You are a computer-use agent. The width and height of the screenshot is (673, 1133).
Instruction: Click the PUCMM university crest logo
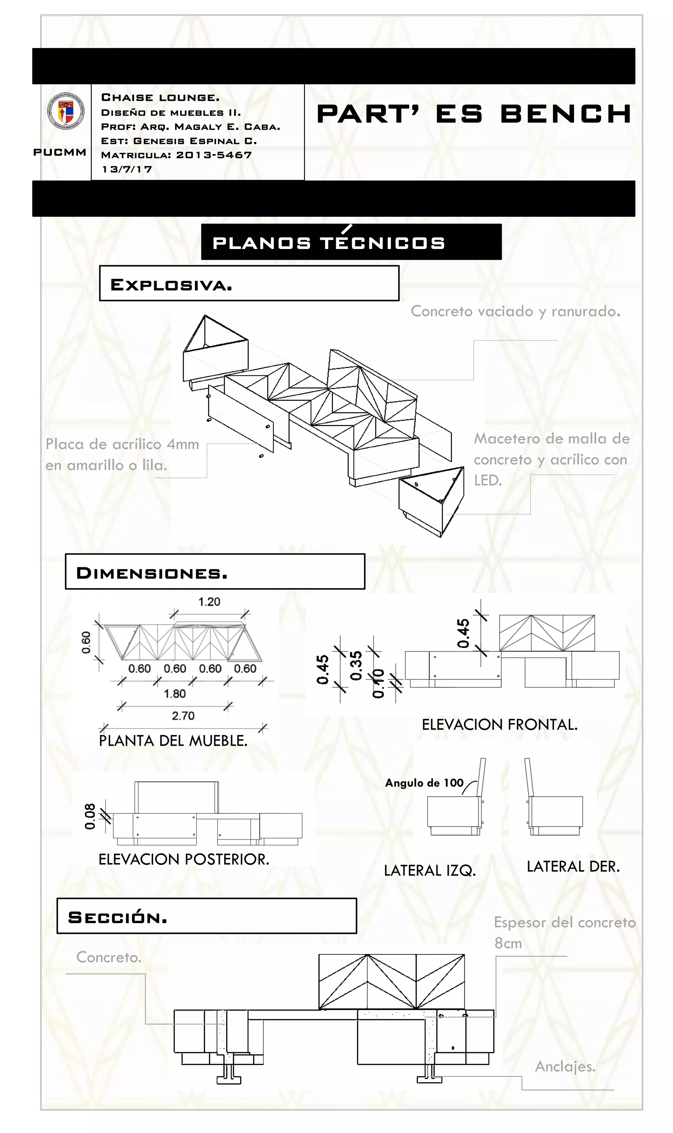pyautogui.click(x=66, y=111)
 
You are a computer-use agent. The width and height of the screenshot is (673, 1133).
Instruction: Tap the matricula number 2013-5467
pyautogui.click(x=214, y=155)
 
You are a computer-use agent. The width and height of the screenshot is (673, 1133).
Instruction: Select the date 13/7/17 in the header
pyautogui.click(x=127, y=170)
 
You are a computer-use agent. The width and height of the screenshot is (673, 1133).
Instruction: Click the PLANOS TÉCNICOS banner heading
pyautogui.click(x=329, y=243)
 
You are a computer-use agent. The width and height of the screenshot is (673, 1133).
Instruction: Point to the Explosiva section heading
pyautogui.click(x=172, y=285)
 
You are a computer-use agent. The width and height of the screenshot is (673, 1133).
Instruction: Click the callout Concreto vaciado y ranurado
pyautogui.click(x=515, y=311)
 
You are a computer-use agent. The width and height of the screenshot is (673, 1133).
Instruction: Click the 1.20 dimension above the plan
pyautogui.click(x=209, y=602)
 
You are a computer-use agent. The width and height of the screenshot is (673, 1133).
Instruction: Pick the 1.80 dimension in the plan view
pyautogui.click(x=174, y=693)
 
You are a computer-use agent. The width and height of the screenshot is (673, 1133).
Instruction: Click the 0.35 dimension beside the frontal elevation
pyautogui.click(x=357, y=665)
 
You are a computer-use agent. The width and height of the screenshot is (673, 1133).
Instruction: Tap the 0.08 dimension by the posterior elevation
pyautogui.click(x=90, y=816)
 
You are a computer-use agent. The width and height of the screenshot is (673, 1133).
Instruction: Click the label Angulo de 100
pyautogui.click(x=424, y=783)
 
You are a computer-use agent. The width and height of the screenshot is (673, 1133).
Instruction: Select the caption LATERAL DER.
pyautogui.click(x=573, y=867)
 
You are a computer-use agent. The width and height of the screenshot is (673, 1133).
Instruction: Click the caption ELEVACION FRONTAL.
pyautogui.click(x=499, y=724)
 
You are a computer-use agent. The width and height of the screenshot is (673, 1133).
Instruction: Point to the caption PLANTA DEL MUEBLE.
pyautogui.click(x=173, y=740)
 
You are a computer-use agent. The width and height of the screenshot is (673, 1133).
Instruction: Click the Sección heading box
pyautogui.click(x=206, y=916)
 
